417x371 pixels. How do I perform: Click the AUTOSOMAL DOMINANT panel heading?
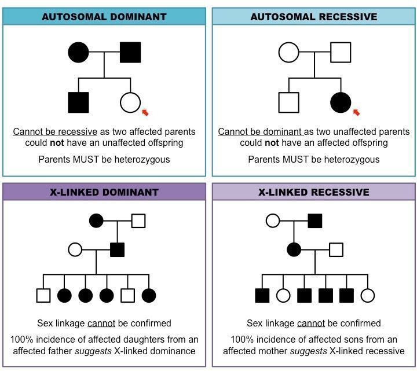104,17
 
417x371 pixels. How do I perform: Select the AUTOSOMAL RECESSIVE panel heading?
313,17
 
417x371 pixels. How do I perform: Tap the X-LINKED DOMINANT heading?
104,192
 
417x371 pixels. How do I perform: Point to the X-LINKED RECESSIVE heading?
313,192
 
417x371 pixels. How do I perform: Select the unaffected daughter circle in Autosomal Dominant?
130,102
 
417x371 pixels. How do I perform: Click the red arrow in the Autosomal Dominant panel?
145,112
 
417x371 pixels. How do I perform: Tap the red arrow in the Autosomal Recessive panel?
356,112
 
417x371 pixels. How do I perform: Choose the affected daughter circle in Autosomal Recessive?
341,102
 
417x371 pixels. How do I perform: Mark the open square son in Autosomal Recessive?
288,102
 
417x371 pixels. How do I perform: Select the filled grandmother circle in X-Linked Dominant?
96,221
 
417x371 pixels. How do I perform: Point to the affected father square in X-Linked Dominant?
117,250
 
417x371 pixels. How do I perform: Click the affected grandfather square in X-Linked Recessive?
315,221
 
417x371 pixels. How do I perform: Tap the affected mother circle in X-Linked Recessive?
294,250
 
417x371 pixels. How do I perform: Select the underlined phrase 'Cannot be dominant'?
259,132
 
